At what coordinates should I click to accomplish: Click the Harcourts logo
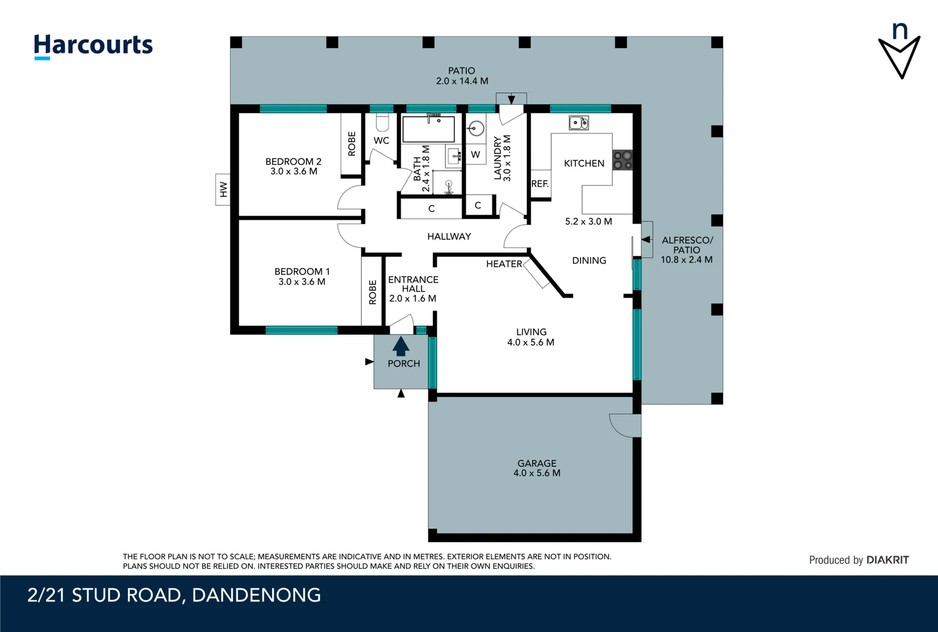[x=93, y=46]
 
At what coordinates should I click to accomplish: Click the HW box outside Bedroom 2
[x=223, y=189]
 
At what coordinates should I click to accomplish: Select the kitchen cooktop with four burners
[x=622, y=160]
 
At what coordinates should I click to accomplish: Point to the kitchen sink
[x=579, y=123]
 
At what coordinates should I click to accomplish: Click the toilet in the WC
[x=382, y=122]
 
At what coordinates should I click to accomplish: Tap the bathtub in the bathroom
[x=428, y=129]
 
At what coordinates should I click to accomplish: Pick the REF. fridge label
[x=540, y=183]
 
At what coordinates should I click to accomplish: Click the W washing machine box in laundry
[x=475, y=154]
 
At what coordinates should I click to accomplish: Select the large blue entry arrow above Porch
[x=401, y=346]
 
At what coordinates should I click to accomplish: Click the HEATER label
[x=504, y=264]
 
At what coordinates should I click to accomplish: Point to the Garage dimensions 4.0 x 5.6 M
[x=537, y=473]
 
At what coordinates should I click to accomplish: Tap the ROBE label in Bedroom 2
[x=352, y=143]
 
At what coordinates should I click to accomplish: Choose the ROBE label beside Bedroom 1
[x=372, y=292]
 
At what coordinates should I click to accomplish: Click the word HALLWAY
[x=449, y=236]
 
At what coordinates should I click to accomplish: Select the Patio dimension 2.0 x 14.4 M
[x=462, y=81]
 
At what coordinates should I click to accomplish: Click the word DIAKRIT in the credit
[x=887, y=560]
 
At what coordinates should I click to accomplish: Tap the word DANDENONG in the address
[x=256, y=595]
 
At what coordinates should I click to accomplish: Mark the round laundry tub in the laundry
[x=476, y=129]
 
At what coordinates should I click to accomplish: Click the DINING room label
[x=589, y=260]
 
